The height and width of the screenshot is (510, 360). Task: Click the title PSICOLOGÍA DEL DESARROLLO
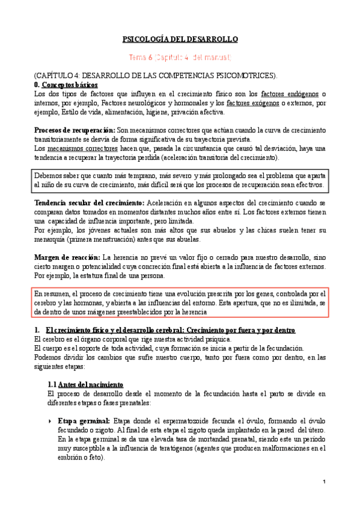click(x=180, y=39)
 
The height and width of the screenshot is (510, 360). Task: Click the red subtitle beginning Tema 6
click(x=180, y=57)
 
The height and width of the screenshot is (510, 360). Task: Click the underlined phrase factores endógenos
click(x=290, y=94)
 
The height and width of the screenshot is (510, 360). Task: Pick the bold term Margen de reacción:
click(x=68, y=257)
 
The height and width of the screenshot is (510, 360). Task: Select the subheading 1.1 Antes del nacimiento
click(x=85, y=384)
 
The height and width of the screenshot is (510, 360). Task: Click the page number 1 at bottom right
click(x=323, y=482)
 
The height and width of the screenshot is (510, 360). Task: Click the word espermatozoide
click(x=182, y=420)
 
